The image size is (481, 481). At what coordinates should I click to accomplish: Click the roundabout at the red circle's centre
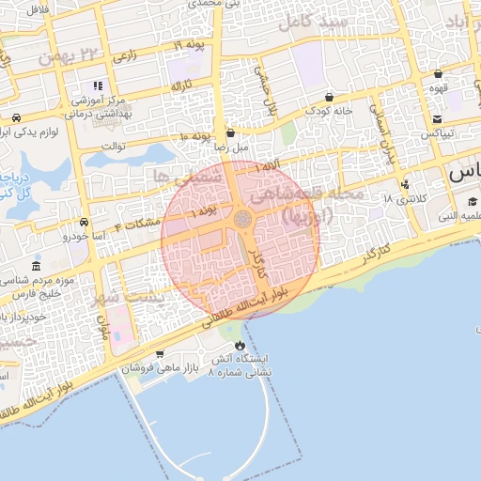pos(242,219)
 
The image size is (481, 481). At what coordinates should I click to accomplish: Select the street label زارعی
pos(125,56)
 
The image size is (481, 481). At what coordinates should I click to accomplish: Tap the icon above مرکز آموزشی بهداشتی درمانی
pos(98,85)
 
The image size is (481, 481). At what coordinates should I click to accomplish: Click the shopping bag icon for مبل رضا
pos(231,133)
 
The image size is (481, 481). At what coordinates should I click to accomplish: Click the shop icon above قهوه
pos(438,73)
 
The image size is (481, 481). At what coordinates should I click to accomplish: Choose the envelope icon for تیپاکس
pos(438,118)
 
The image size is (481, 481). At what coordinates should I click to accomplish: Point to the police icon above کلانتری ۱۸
pos(405,184)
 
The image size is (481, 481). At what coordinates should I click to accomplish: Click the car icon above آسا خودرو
pos(85,223)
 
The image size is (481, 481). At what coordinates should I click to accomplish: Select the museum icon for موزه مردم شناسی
pos(36,267)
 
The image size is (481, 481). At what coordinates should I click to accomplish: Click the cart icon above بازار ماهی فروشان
pos(160,354)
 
